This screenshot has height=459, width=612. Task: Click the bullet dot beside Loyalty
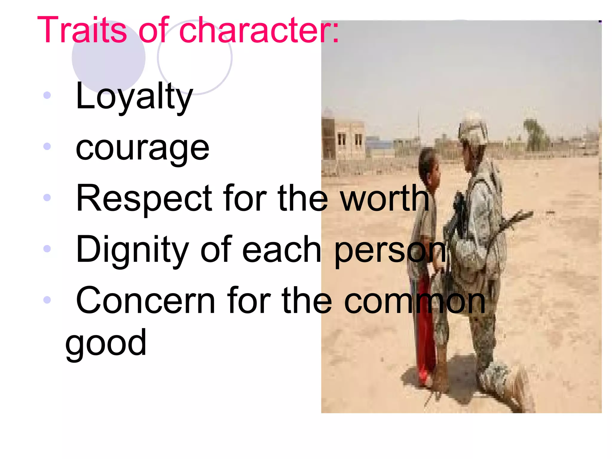coord(47,95)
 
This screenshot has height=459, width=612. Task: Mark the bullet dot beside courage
coord(47,146)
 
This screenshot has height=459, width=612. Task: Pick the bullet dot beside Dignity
coord(47,249)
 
